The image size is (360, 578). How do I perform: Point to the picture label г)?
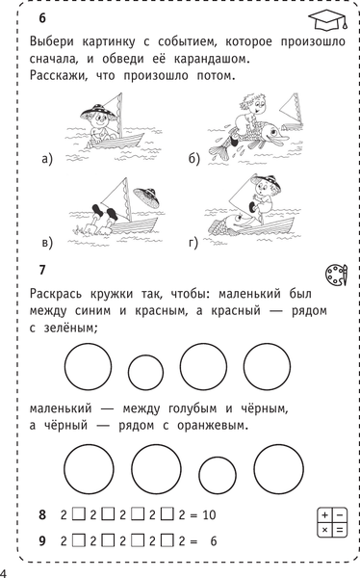click(193, 240)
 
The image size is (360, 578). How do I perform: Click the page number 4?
click(5, 571)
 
